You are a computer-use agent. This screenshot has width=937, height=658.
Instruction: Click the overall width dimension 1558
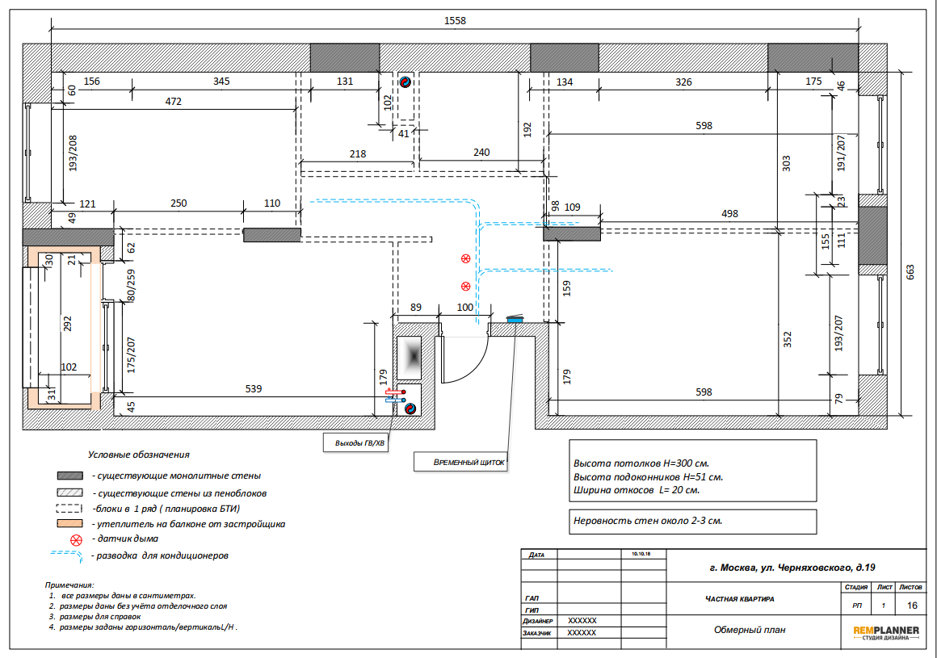(455, 21)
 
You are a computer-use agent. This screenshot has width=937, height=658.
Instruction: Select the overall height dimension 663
(910, 272)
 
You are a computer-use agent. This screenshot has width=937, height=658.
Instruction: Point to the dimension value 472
(174, 102)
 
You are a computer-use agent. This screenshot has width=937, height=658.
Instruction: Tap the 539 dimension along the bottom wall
(254, 388)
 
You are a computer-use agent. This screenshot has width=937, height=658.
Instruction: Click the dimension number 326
(683, 82)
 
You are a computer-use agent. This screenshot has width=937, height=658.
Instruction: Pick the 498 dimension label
(729, 213)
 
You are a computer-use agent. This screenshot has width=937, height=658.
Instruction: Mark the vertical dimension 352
(788, 339)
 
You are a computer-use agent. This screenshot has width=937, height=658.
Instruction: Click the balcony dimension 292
(67, 324)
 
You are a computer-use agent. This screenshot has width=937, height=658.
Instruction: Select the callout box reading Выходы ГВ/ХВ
(359, 443)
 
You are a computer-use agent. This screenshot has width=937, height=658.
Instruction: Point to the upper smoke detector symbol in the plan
(465, 258)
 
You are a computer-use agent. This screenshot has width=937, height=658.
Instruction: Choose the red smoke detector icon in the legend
(76, 540)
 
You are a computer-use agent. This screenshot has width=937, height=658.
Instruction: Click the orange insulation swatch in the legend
(69, 524)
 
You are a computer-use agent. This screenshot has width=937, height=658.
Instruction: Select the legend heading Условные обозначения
(139, 455)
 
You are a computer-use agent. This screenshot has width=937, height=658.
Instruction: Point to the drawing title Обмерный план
(750, 630)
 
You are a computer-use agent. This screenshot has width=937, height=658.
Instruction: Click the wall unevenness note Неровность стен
(648, 521)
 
